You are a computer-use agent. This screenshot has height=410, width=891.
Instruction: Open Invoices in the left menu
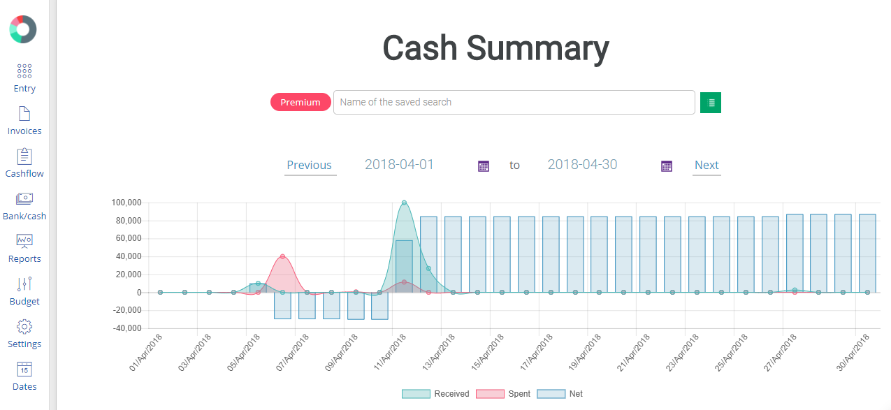click(x=24, y=121)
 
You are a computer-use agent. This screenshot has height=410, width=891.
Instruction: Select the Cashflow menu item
click(x=24, y=163)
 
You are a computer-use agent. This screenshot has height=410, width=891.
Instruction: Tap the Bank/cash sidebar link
click(x=24, y=206)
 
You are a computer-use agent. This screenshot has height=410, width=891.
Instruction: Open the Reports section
click(x=24, y=249)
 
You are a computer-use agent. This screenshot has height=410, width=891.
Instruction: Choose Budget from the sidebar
click(x=24, y=291)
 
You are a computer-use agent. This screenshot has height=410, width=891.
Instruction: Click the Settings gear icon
click(x=24, y=327)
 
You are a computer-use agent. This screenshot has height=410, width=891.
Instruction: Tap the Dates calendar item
click(x=24, y=376)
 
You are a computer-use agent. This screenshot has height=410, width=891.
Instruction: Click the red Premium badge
click(x=300, y=102)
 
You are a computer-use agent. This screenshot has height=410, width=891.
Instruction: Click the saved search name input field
click(x=514, y=102)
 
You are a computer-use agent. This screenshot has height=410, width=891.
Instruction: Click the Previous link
click(x=310, y=166)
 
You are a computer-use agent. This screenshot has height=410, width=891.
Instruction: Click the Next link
click(x=707, y=166)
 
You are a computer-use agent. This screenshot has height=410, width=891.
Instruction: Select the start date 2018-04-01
click(x=400, y=165)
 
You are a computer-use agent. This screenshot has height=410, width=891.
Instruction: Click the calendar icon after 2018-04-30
click(x=667, y=166)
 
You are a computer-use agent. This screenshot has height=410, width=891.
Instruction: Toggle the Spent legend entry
click(x=503, y=394)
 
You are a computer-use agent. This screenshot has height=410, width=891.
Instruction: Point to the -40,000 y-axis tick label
click(x=126, y=328)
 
